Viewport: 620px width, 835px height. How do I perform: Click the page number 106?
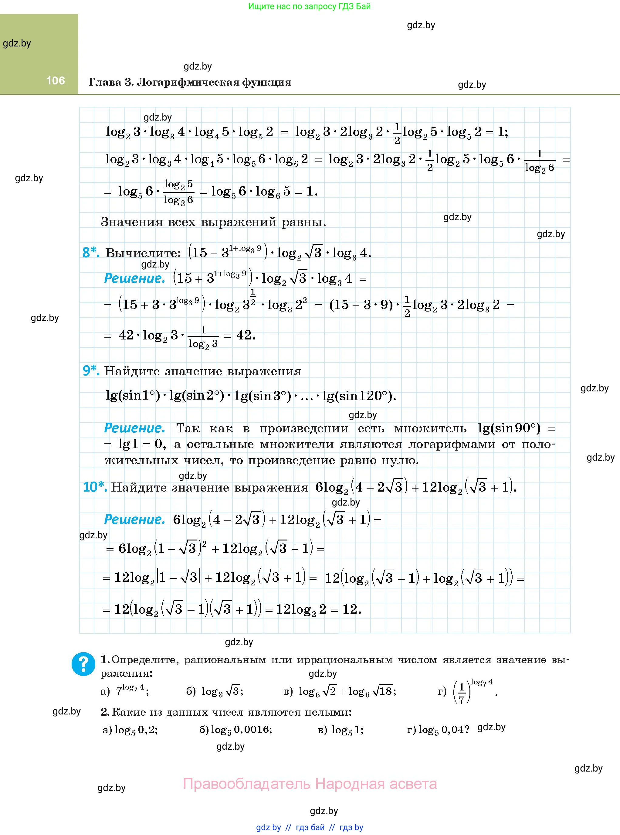56,80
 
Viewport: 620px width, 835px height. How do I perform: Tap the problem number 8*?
91,253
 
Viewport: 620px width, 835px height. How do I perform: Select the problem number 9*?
91,370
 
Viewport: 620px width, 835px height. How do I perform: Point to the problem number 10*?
95,487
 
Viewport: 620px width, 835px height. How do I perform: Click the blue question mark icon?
83,664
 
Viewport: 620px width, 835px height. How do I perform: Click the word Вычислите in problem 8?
143,253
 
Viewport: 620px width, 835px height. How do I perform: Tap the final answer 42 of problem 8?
245,335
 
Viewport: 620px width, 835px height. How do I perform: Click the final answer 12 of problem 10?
351,609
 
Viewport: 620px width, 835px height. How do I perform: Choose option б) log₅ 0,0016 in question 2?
236,730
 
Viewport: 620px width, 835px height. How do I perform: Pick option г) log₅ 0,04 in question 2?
438,730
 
